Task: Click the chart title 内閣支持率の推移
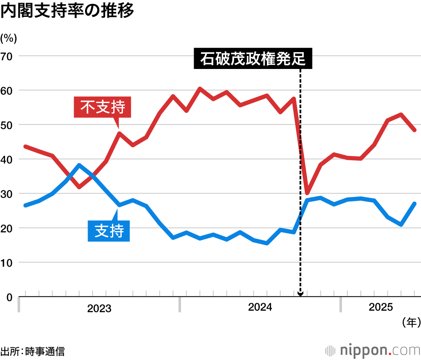pyautogui.click(x=67, y=11)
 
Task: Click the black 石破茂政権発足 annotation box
pyautogui.click(x=253, y=59)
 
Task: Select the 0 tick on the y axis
pyautogui.click(x=9, y=297)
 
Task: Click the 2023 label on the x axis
pyautogui.click(x=99, y=309)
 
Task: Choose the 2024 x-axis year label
pyautogui.click(x=260, y=308)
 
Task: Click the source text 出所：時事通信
pyautogui.click(x=33, y=351)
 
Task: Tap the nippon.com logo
pyautogui.click(x=373, y=350)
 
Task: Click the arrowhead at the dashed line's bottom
pyautogui.click(x=300, y=294)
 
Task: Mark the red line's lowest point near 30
pyautogui.click(x=307, y=193)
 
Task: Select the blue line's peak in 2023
pyautogui.click(x=79, y=165)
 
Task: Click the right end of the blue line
pyautogui.click(x=415, y=204)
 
